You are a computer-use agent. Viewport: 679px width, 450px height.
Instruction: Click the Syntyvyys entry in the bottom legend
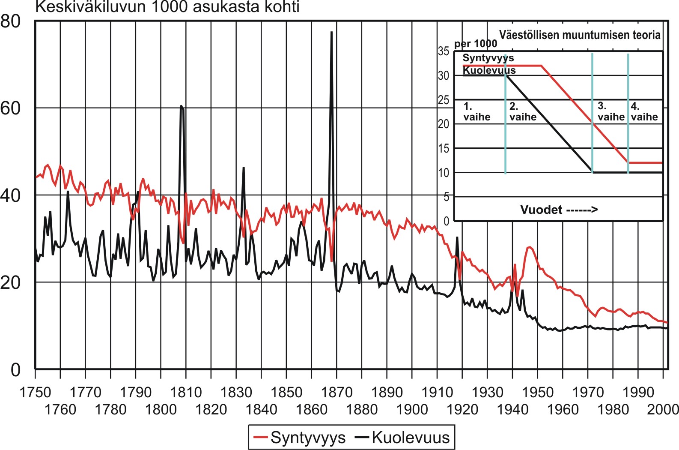point(307,438)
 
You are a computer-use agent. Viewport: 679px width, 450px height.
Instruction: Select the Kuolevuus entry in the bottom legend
point(410,438)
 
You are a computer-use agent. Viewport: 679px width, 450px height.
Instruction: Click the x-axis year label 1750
point(35,392)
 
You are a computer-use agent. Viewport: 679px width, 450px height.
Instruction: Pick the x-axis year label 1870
point(337,392)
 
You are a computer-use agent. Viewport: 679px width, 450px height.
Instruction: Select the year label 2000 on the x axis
point(663,410)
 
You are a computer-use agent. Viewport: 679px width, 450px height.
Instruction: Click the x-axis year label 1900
point(412,410)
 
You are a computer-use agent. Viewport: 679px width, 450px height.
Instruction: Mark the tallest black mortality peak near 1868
point(331,32)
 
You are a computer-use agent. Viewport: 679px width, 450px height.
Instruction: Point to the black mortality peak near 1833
point(244,168)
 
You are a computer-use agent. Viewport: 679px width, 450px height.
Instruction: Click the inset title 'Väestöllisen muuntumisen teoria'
point(580,35)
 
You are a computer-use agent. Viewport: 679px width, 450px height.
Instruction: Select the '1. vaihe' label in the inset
point(476,111)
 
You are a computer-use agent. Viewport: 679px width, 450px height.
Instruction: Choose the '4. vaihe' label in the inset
point(644,111)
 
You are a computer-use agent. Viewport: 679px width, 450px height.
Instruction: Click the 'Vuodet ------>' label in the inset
point(559,210)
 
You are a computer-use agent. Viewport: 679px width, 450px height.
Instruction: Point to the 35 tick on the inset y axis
point(444,51)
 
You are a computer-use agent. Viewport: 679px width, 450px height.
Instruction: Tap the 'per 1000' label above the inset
point(475,44)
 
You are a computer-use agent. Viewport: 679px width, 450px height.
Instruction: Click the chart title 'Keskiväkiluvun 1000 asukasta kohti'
point(167,7)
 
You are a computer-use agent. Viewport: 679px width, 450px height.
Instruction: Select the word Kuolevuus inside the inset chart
point(489,70)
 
